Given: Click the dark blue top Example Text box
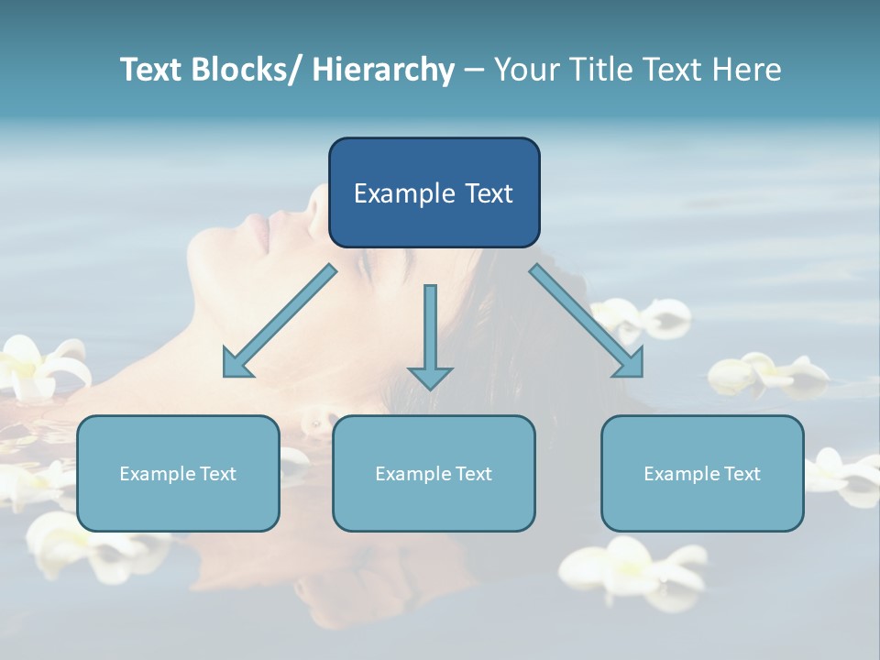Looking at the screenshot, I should [434, 192].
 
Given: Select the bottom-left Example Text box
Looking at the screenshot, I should [178, 473].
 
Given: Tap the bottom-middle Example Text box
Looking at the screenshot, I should [434, 473].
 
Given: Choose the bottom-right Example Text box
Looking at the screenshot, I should [702, 473].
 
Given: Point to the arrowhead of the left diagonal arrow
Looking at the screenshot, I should [236, 365].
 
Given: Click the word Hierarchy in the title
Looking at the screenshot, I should [383, 70].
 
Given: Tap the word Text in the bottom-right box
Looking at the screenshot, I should [742, 474].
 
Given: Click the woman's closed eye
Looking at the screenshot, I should [364, 266].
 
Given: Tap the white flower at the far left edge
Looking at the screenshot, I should [37, 367].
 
